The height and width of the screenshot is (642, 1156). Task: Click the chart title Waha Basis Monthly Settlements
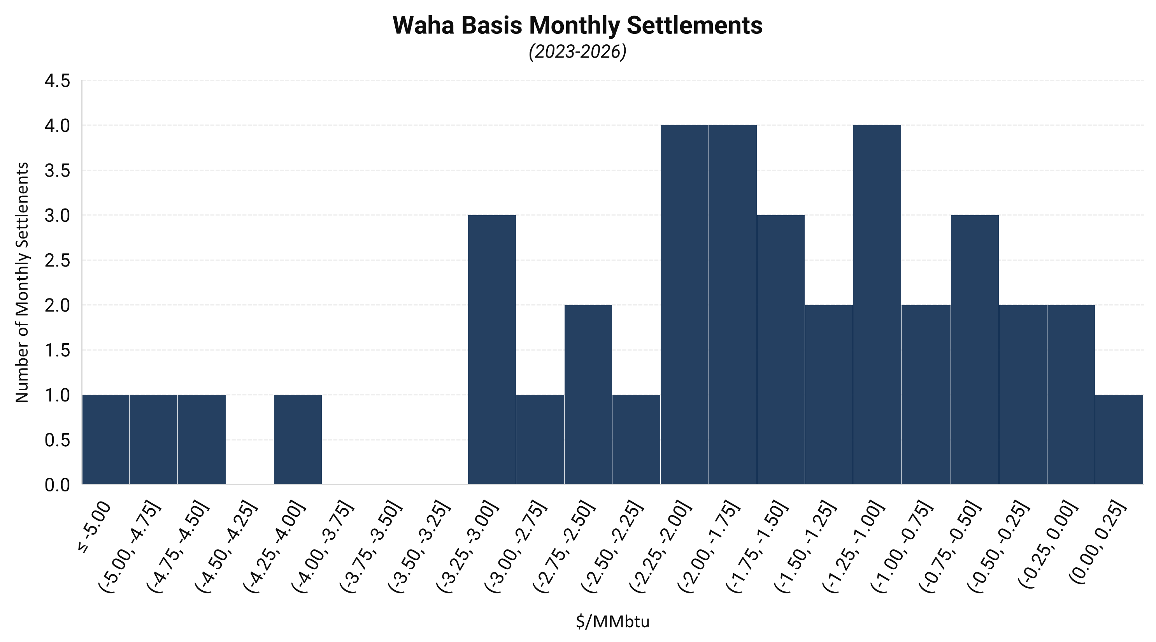577,26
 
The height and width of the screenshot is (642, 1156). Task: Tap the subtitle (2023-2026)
577,52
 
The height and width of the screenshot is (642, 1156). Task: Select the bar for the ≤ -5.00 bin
106,440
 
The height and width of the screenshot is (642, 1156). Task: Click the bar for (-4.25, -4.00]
298,440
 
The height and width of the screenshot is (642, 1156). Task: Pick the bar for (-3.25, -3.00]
492,350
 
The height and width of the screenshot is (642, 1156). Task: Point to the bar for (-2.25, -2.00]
684,305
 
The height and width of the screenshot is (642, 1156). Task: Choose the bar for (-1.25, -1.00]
877,305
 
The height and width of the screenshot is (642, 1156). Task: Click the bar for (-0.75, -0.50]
974,350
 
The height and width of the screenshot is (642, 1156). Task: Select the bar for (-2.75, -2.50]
588,395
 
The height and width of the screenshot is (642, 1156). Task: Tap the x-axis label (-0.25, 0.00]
1047,545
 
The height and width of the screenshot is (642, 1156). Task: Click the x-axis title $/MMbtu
612,621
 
